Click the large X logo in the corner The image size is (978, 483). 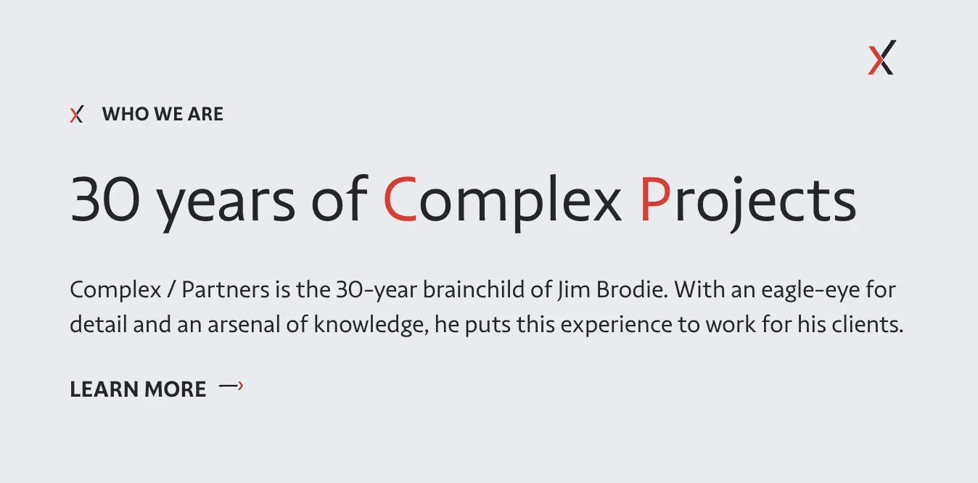click(882, 57)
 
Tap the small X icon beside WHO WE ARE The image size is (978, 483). click(76, 115)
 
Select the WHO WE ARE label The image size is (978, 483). click(163, 114)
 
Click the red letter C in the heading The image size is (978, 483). click(400, 199)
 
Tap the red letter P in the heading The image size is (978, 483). click(654, 199)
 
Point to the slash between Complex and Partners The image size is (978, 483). click(171, 291)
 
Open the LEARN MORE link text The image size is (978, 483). click(138, 389)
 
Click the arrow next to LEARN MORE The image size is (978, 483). click(231, 387)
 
